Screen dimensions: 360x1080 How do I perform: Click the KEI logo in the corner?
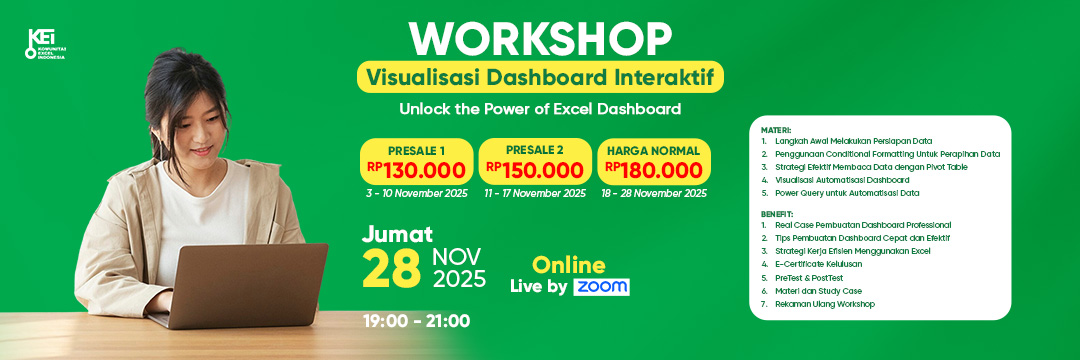[x=45, y=45]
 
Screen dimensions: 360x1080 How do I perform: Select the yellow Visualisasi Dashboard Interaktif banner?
[x=540, y=77]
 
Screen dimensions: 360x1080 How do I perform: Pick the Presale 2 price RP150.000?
[x=534, y=170]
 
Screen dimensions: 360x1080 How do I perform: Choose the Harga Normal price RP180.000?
[x=653, y=170]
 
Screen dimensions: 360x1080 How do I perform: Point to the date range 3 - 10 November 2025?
[x=416, y=193]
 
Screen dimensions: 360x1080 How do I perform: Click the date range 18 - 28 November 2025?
[x=653, y=193]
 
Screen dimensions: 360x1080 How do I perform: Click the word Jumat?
[x=397, y=235]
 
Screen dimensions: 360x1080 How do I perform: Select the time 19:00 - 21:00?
[x=416, y=321]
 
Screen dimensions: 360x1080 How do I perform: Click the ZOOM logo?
[x=601, y=287]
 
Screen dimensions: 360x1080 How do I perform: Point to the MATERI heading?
[x=776, y=130]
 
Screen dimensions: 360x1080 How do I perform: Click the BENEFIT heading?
[x=777, y=214]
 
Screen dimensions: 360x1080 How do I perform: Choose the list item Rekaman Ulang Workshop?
[x=824, y=304]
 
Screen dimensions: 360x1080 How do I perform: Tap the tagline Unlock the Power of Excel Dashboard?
[x=540, y=108]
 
